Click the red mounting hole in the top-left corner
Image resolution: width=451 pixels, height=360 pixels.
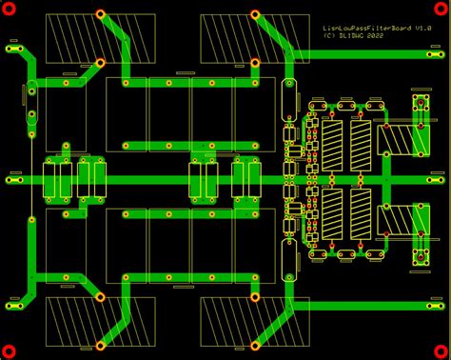pyautogui.click(x=10, y=10)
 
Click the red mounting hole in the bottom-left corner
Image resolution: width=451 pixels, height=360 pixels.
pyautogui.click(x=10, y=350)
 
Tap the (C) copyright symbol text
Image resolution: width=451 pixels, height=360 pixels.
pyautogui.click(x=329, y=38)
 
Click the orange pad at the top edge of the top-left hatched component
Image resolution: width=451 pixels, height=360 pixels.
pyautogui.click(x=100, y=14)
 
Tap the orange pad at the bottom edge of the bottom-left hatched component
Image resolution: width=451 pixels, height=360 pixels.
pyautogui.click(x=100, y=297)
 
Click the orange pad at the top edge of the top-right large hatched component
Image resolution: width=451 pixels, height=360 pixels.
pyautogui.click(x=254, y=14)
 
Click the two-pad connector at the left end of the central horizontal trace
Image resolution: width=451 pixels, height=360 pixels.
pyautogui.click(x=14, y=178)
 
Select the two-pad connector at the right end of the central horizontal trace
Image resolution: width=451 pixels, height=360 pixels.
pyautogui.click(x=436, y=178)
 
